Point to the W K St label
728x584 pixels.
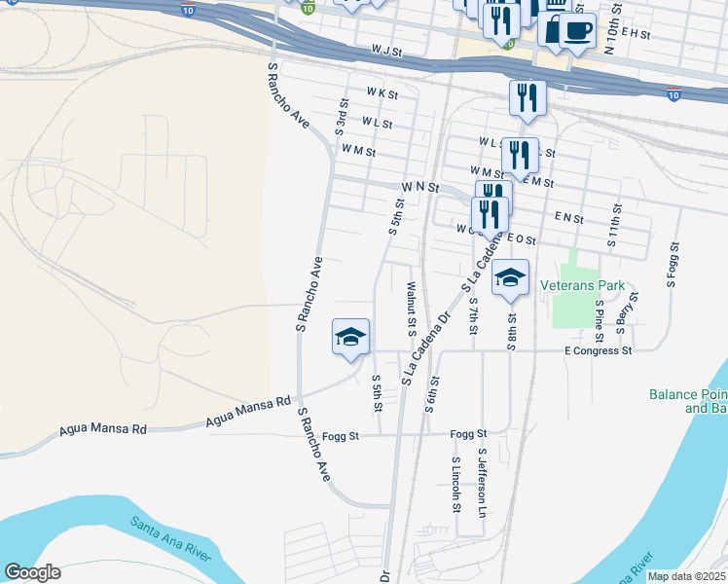[x=382, y=93]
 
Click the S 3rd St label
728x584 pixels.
[x=343, y=116]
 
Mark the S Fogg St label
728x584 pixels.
[x=672, y=265]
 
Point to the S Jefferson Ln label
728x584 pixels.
[x=481, y=482]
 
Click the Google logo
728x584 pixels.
[x=32, y=572]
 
